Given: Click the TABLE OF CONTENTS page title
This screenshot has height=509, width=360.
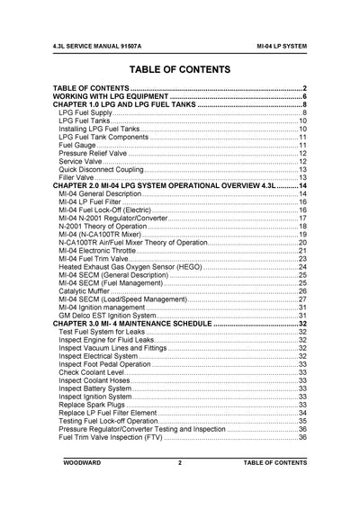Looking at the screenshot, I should [x=180, y=68].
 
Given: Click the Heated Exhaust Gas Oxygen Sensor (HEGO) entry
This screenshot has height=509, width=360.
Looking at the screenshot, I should [x=134, y=267].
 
